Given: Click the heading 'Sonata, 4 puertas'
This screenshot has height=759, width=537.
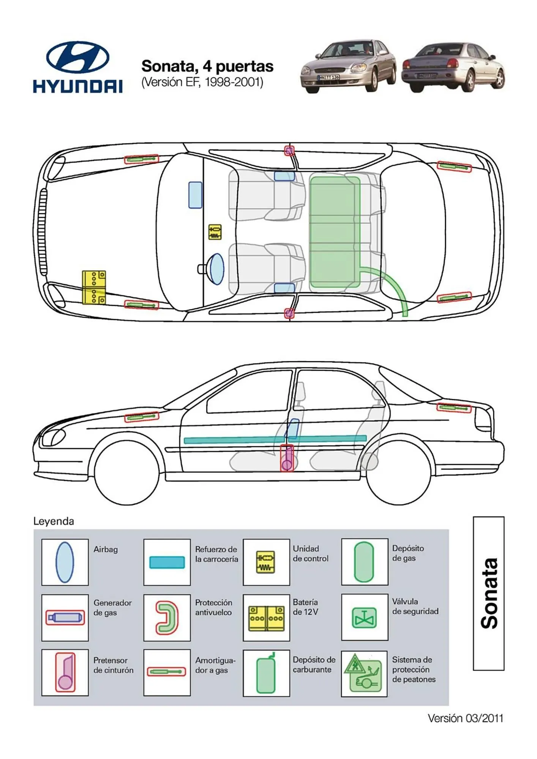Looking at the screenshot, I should point(207,66).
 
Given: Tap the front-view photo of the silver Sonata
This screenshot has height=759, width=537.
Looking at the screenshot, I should point(348,66).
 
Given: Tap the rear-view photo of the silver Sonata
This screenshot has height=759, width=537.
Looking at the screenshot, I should point(453,68).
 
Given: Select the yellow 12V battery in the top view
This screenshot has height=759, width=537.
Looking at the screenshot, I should point(94,287).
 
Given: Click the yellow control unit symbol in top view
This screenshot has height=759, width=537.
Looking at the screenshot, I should point(215,232).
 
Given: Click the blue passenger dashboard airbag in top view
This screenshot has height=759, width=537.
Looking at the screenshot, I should point(195,195).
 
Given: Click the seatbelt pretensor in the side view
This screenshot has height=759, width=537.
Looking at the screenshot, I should point(287,458).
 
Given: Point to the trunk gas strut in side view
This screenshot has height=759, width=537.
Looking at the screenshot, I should point(454,408).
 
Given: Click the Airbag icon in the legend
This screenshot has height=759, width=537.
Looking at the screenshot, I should point(65,562).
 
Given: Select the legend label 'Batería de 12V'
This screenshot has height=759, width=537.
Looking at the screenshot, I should point(305,607).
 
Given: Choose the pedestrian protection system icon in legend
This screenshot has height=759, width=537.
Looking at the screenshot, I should point(364,674).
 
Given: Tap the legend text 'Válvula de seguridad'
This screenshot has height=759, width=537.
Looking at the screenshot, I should point(415,606).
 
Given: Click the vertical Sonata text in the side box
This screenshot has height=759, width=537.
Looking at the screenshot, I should point(489,593).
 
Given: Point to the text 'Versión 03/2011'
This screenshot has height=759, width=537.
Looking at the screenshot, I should point(465,718).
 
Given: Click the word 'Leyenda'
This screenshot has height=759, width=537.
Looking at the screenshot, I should point(54,521).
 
